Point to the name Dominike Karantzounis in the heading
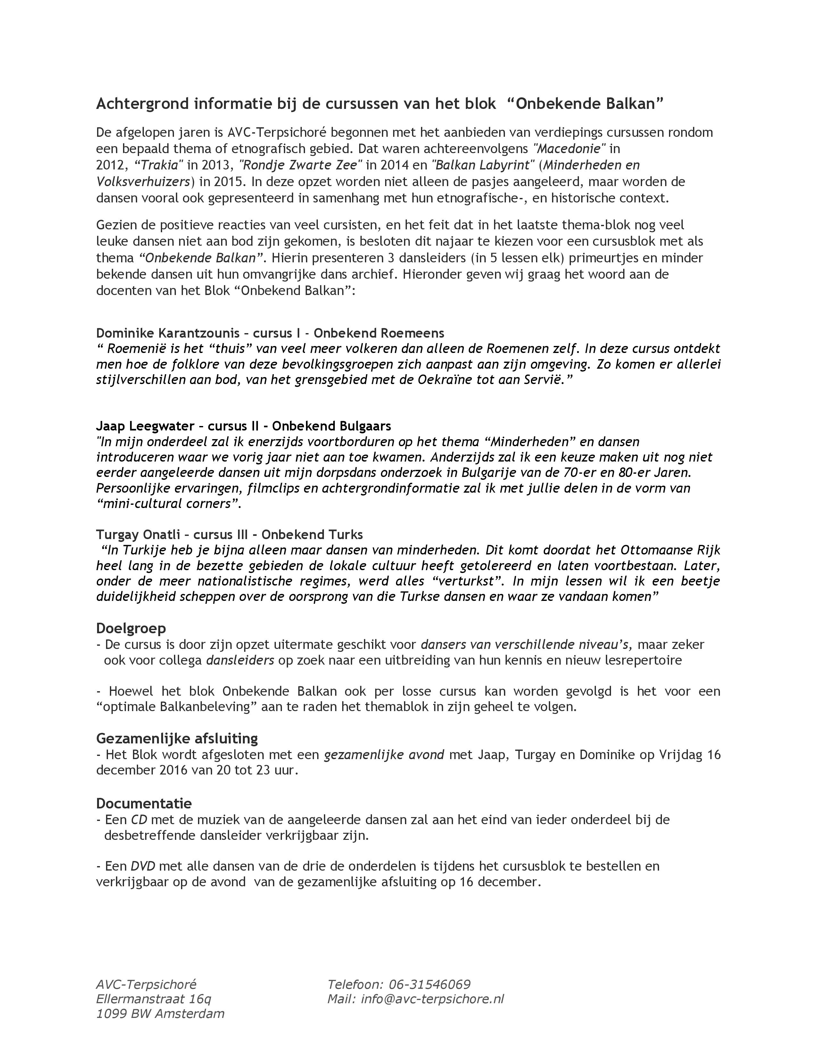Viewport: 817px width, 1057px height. tap(168, 333)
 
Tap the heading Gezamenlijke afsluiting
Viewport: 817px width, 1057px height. tap(177, 739)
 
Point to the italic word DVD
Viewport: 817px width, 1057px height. tap(143, 866)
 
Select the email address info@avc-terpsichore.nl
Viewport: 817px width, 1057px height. tap(432, 999)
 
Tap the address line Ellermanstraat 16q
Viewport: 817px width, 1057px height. tap(153, 999)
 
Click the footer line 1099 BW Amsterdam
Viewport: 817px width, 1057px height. tap(160, 1013)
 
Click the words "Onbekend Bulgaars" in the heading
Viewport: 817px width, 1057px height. tap(331, 426)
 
